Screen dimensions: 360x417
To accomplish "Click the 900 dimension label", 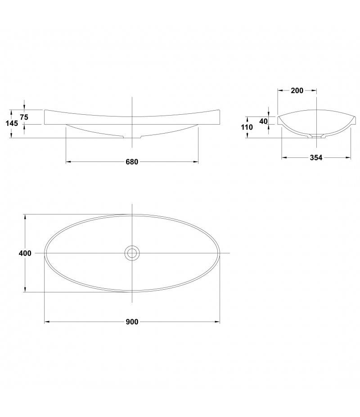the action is click(132, 322).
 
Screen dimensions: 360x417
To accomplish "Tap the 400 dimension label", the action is click(25, 253).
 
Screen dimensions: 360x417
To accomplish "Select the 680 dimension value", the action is click(132, 161).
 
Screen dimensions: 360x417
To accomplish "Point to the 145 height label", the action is click(12, 123).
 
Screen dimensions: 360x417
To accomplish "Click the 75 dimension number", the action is click(24, 117).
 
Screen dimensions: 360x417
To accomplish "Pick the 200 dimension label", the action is click(297, 91).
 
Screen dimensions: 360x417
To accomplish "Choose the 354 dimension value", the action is click(316, 158).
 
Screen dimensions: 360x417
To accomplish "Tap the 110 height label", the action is click(247, 127).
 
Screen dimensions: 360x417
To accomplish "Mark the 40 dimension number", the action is click(263, 121).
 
